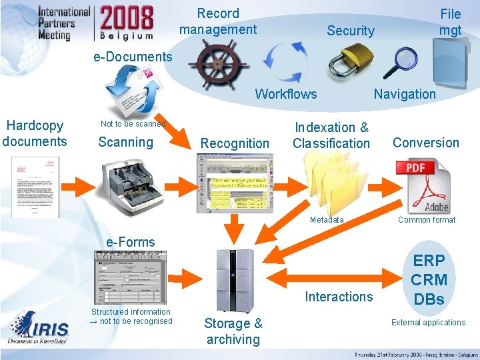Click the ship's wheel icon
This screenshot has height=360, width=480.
(x=217, y=63)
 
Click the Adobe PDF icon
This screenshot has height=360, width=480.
(x=423, y=185)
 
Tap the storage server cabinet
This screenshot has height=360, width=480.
(x=235, y=281)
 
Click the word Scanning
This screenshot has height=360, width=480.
(x=125, y=142)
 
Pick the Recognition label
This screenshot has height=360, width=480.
(x=235, y=143)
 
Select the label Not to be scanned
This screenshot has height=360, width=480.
(x=133, y=123)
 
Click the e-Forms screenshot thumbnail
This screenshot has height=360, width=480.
(x=129, y=277)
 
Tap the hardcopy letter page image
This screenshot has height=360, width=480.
(x=35, y=187)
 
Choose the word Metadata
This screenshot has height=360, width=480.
(x=327, y=220)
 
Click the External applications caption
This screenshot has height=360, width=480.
(x=428, y=323)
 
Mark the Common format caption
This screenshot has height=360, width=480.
(x=427, y=220)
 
